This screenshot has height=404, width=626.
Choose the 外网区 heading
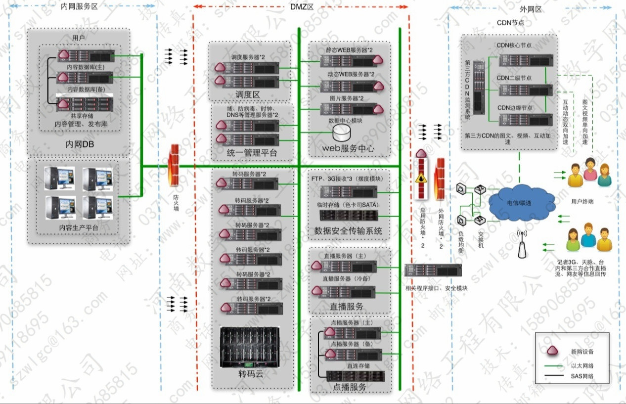(x=531, y=9)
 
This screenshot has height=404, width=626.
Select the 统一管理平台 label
(x=252, y=153)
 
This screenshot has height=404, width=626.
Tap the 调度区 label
(x=247, y=94)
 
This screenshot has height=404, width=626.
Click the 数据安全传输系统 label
(x=348, y=230)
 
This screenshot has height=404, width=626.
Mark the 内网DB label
(x=79, y=144)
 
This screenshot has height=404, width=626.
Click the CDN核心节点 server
(x=525, y=60)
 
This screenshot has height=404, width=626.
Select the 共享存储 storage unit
(x=85, y=104)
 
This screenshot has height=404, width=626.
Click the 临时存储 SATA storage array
(x=349, y=215)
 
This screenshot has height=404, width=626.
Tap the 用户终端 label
(x=582, y=201)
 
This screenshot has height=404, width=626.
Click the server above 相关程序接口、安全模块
(x=433, y=270)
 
